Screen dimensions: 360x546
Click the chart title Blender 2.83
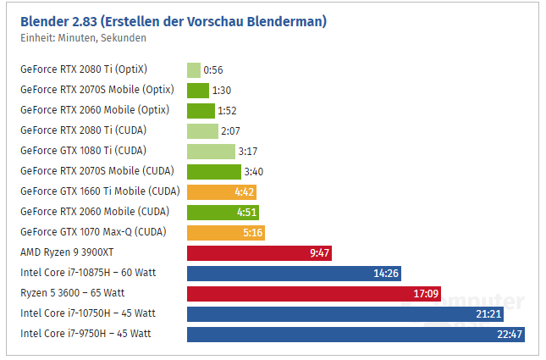(x=174, y=20)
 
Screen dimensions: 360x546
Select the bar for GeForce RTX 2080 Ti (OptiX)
(x=194, y=70)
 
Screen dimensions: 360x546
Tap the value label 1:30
(x=223, y=91)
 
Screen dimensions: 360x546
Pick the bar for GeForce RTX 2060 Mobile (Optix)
(x=201, y=111)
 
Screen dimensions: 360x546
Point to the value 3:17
(x=249, y=152)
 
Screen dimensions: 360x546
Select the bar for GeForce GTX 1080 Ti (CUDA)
(x=211, y=152)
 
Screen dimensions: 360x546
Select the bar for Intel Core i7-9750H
(x=356, y=334)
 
